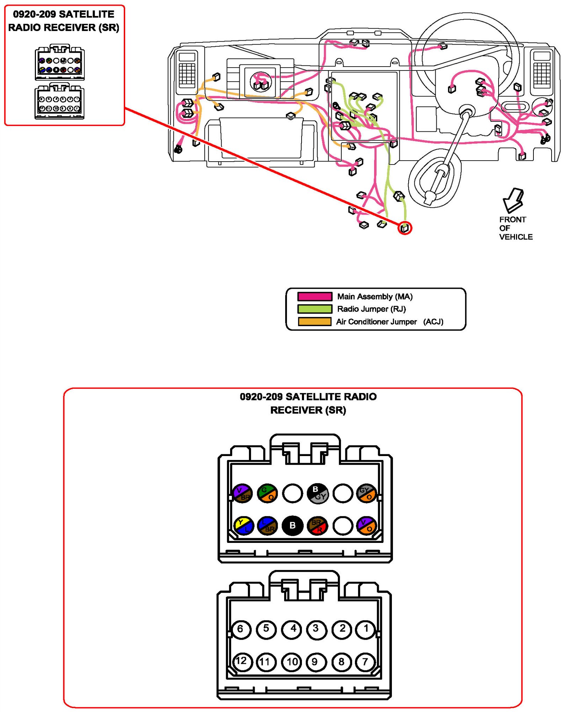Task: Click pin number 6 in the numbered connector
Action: [x=241, y=629]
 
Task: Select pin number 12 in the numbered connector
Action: [x=241, y=661]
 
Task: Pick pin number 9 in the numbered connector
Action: [x=315, y=662]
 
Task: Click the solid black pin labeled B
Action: [x=292, y=525]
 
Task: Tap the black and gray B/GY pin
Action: [x=318, y=493]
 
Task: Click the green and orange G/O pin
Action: [x=267, y=493]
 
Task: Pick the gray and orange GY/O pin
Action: [x=367, y=493]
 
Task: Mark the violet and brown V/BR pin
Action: [x=242, y=493]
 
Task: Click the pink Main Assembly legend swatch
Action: [x=315, y=297]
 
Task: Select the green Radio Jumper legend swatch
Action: [x=315, y=309]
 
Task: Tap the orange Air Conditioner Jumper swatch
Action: [x=315, y=321]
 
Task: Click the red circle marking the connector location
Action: [x=405, y=228]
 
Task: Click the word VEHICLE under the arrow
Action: [x=516, y=237]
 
